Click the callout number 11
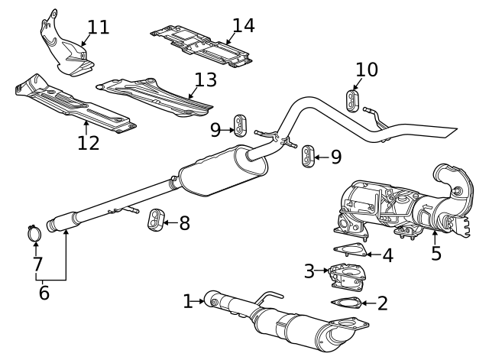coord(99,28)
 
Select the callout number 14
coord(243,25)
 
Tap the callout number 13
coord(206,79)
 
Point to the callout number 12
coord(88,142)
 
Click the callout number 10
coord(367,70)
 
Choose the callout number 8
coord(184,223)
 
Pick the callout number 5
coord(436,253)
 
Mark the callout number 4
coord(388,255)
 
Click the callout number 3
coord(309,271)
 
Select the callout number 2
coord(382,303)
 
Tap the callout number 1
coord(189,301)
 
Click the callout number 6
coord(44,292)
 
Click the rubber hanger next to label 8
coord(157,219)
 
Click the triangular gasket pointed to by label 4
coord(349,249)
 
